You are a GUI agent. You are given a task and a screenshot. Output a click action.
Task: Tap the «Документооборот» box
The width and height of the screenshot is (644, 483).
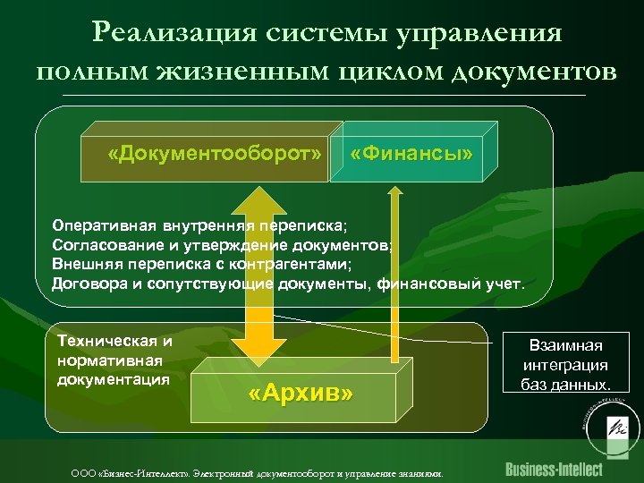tap(214, 153)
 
